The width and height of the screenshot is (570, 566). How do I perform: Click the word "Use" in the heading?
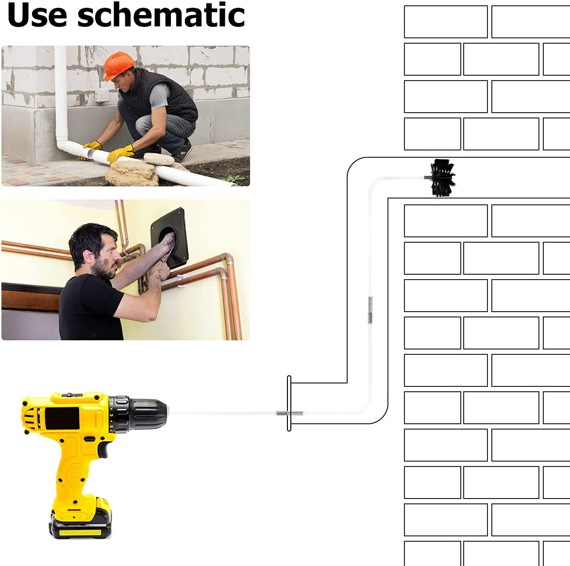click(x=37, y=15)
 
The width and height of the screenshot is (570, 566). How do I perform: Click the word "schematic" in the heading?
click(x=161, y=15)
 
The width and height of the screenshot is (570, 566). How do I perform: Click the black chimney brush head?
click(x=442, y=178)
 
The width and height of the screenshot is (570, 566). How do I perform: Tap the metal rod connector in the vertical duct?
click(x=370, y=310)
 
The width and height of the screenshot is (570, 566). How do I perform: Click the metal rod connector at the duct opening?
click(x=289, y=413)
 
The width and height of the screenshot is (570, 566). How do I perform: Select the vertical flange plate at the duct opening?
click(x=289, y=403)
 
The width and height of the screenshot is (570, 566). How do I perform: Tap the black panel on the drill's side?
click(x=62, y=418)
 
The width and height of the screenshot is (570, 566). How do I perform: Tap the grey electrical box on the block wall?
click(x=102, y=96)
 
